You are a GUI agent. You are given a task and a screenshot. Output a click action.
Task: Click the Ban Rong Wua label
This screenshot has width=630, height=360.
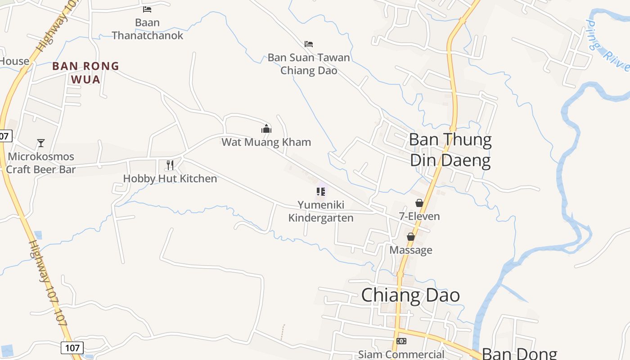[85, 72]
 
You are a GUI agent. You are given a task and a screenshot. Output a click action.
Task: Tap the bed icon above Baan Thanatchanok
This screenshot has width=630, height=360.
[147, 9]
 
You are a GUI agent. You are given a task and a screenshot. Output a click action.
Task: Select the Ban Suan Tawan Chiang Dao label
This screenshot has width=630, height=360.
[309, 64]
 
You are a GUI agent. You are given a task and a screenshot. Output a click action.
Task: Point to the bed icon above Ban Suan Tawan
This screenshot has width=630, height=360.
[309, 44]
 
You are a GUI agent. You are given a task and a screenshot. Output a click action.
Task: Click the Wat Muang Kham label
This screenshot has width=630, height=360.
[266, 142]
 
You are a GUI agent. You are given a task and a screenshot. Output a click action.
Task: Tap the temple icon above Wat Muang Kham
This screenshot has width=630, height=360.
[266, 129]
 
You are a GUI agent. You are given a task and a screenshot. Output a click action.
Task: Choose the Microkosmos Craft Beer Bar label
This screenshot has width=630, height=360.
[41, 163]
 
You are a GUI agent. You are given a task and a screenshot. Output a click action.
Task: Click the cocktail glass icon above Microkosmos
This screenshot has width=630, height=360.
[41, 143]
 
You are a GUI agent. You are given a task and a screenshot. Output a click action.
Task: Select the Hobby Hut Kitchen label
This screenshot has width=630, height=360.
[170, 179]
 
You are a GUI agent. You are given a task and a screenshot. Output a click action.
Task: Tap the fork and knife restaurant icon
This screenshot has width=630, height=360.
[170, 165]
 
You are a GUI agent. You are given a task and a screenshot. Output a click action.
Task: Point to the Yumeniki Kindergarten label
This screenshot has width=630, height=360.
[321, 211]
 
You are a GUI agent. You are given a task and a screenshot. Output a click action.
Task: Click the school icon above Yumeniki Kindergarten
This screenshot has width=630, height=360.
[321, 192]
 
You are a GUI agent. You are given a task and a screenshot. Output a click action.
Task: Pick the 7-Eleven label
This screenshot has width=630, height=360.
[419, 216]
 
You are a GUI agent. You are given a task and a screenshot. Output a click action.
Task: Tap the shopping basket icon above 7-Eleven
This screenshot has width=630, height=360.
[419, 203]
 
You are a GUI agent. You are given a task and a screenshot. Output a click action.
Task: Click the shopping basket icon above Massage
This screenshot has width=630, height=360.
[411, 237]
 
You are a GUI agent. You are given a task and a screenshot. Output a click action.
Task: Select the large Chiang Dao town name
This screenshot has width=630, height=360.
[410, 295]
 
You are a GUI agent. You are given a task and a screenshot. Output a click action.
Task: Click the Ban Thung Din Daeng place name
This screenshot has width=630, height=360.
[450, 150]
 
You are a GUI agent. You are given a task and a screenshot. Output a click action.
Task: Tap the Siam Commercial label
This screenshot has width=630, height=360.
[401, 355]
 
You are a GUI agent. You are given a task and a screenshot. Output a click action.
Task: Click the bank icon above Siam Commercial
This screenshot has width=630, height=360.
[401, 341]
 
